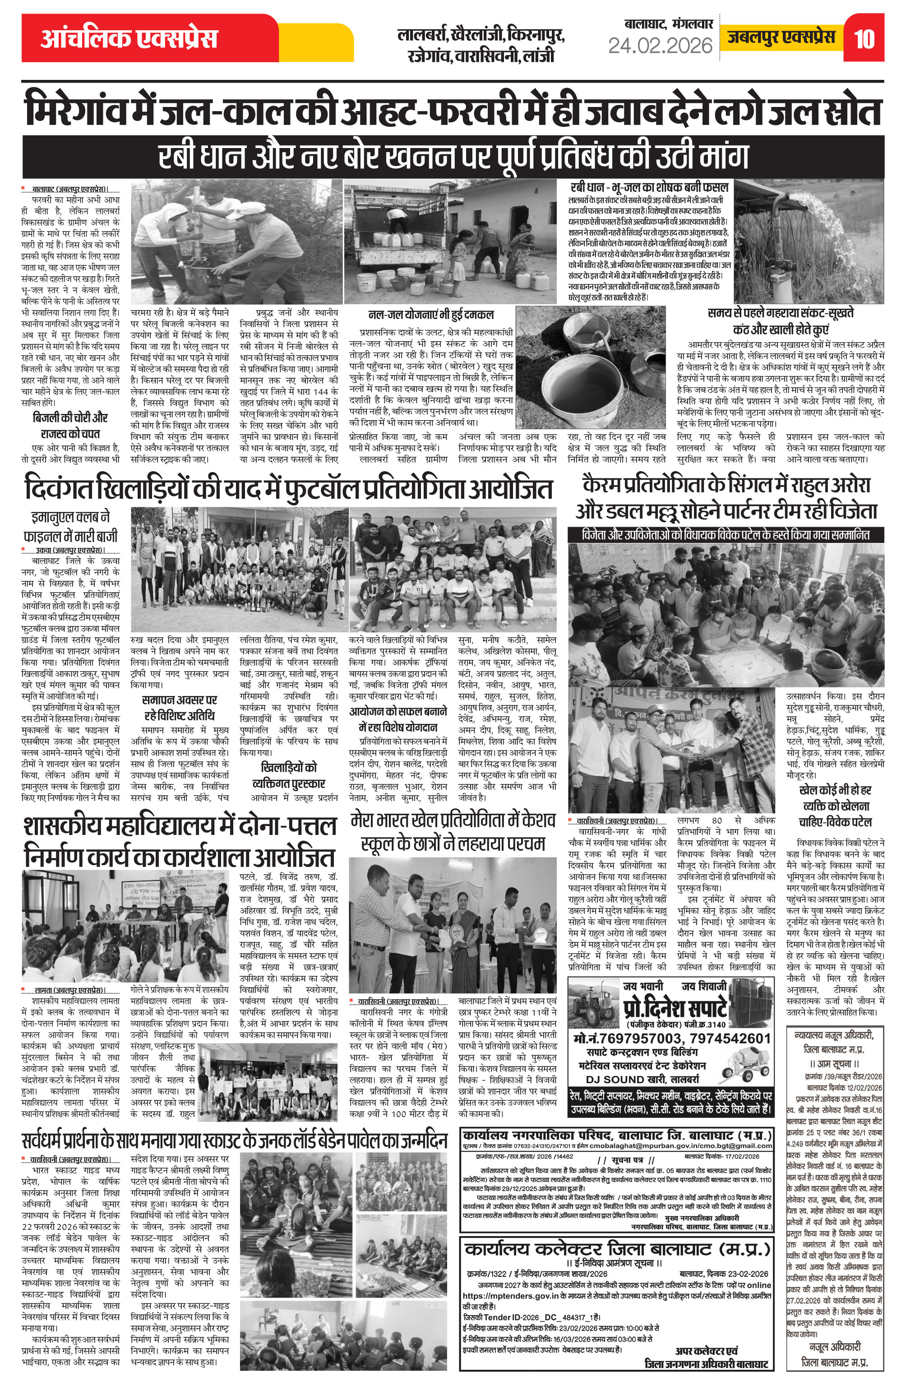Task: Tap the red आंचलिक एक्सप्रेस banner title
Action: [129, 38]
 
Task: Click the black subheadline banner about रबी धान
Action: [453, 157]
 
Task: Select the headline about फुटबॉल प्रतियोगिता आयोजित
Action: [288, 490]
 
